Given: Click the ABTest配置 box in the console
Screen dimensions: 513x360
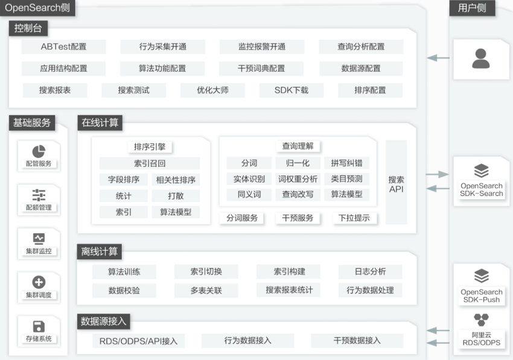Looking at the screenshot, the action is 64,47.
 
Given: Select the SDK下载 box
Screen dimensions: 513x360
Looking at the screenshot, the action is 291,90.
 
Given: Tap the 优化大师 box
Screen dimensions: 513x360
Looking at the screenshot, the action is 212,90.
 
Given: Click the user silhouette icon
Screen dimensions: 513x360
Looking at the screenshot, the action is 480,58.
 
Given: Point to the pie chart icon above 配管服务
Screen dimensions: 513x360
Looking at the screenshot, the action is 39,151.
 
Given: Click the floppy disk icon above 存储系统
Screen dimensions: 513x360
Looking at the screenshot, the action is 39,326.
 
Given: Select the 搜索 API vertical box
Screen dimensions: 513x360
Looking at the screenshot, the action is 396,182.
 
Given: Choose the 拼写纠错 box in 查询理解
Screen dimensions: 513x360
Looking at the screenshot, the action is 346,163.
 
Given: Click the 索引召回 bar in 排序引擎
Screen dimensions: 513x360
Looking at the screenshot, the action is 150,163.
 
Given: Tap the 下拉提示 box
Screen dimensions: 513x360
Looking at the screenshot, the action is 354,218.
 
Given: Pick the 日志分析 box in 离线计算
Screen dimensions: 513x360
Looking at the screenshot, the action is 370,271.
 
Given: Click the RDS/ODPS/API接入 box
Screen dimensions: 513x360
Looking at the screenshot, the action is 138,341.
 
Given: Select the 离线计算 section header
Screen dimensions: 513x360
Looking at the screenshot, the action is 100,251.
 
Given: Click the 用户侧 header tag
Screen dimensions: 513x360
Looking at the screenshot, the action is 472,8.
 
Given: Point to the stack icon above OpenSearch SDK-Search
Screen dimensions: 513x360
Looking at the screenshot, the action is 481,171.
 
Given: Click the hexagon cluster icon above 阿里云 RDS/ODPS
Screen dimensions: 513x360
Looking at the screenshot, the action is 481,320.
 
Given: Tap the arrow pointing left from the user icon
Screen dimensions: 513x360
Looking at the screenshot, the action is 438,58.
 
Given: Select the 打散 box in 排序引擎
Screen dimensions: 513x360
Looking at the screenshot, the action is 176,196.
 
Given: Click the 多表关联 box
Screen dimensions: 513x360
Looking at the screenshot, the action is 206,291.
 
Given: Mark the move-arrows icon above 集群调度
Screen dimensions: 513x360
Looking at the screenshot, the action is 39,282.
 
